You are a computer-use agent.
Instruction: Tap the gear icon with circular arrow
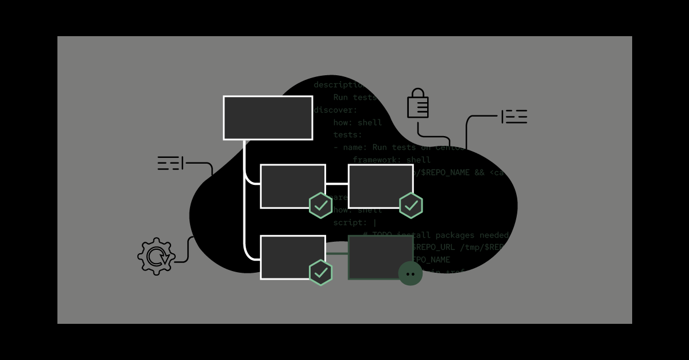(156, 256)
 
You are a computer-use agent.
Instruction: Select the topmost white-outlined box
(268, 118)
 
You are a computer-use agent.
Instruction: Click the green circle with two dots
(411, 273)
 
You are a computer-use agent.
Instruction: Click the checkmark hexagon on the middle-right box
(411, 206)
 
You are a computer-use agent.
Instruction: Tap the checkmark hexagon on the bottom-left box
(320, 272)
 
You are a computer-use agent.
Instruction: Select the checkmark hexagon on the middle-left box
(320, 206)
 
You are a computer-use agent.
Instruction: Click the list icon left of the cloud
(170, 163)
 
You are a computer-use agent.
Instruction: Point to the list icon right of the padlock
(514, 117)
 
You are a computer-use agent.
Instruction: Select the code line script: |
(355, 222)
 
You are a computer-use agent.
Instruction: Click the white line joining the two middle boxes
(337, 184)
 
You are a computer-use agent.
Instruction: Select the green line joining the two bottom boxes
(337, 253)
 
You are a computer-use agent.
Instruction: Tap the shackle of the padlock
(418, 93)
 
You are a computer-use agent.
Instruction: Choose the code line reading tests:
(348, 134)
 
